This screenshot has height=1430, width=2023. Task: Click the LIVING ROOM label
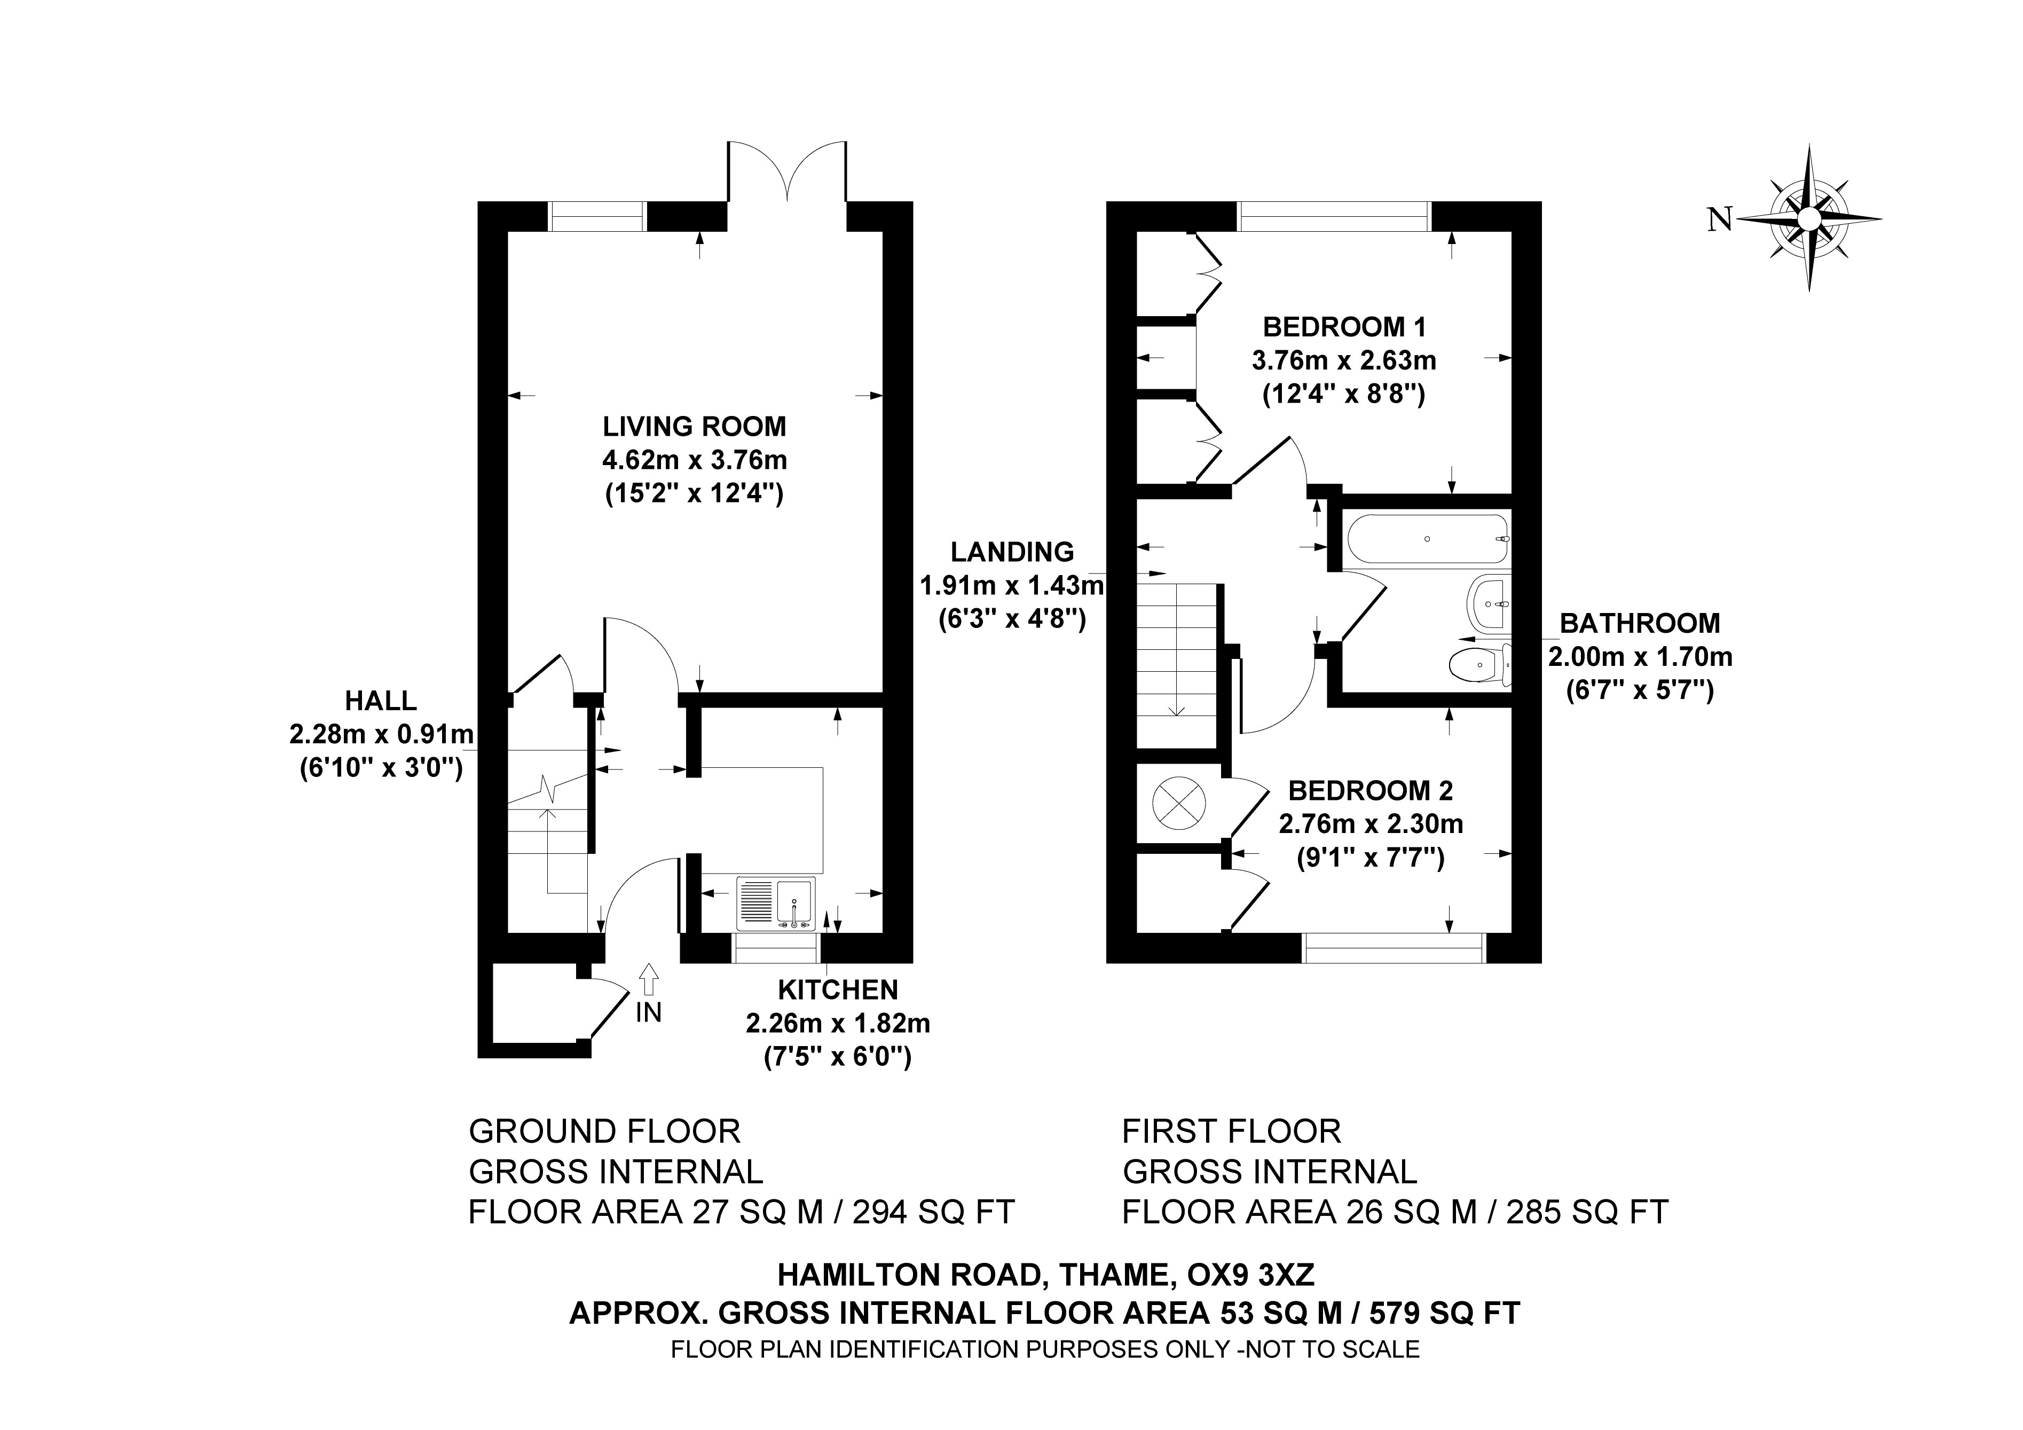pos(694,427)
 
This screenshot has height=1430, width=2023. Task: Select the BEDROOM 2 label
pos(1370,790)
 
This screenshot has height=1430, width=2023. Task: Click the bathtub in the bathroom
pos(1427,538)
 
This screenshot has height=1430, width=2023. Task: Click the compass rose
pos(1809,218)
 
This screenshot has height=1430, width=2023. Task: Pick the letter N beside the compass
pos(1720,219)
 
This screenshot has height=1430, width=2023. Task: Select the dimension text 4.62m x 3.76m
pos(694,460)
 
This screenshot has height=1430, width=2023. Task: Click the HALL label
pos(381,701)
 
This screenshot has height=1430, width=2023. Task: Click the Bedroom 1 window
pos(1334,216)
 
